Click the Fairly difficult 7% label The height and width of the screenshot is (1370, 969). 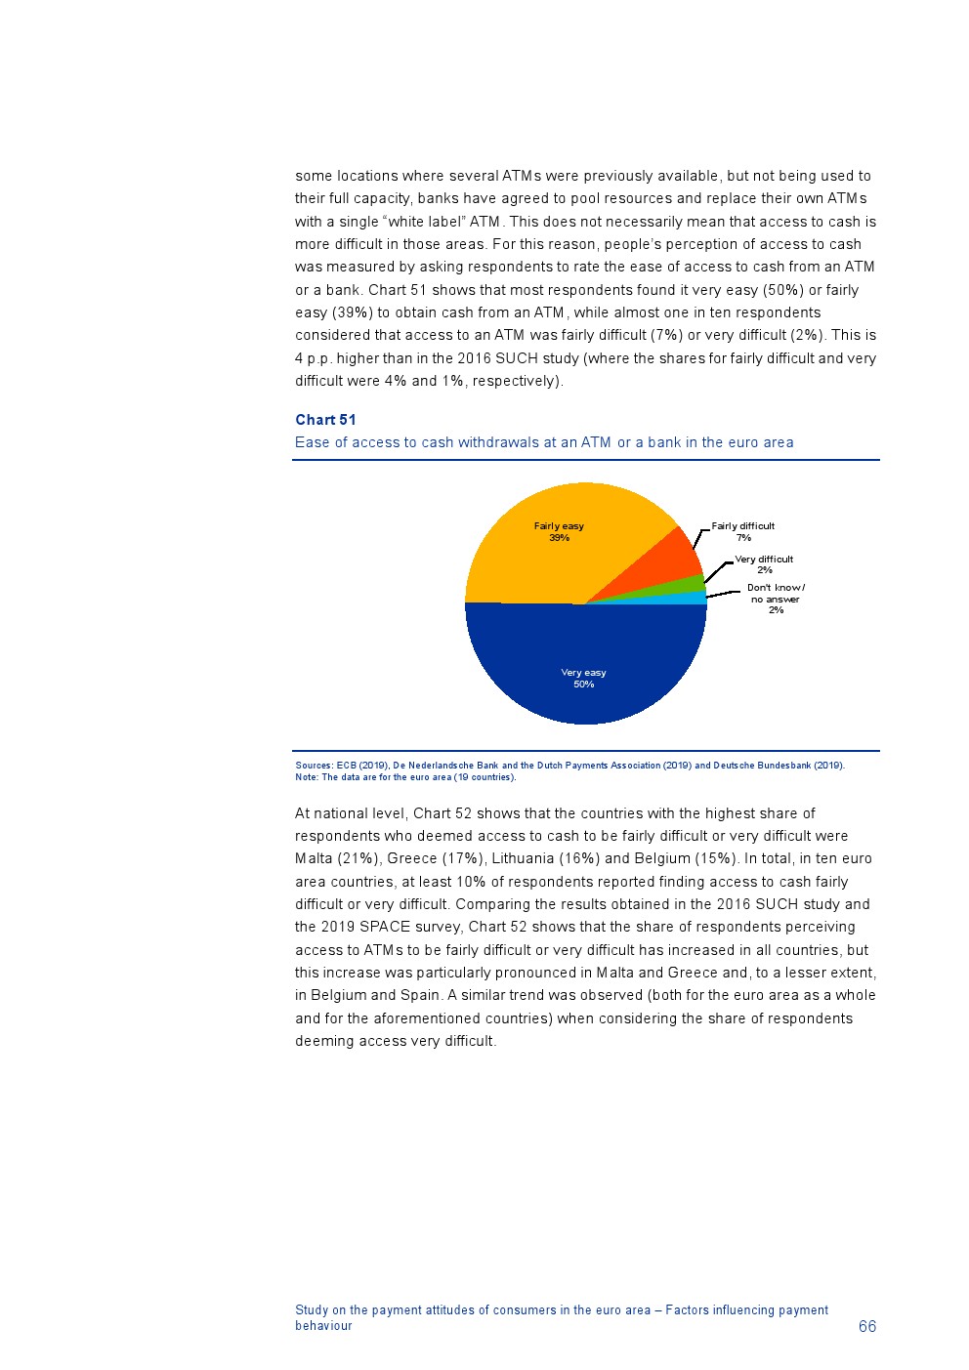[742, 531]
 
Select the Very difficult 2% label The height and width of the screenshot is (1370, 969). [764, 564]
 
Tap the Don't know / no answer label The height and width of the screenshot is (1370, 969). [776, 599]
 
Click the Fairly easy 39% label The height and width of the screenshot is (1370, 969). [559, 531]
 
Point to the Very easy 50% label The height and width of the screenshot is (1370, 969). [584, 678]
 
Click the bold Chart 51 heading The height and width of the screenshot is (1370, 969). [325, 420]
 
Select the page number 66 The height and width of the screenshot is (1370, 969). [867, 1326]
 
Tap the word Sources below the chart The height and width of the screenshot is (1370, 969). [313, 766]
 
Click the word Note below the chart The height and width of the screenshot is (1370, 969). [306, 777]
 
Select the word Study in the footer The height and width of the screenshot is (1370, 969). [311, 1310]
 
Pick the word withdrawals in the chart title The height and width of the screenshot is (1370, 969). [517, 442]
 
